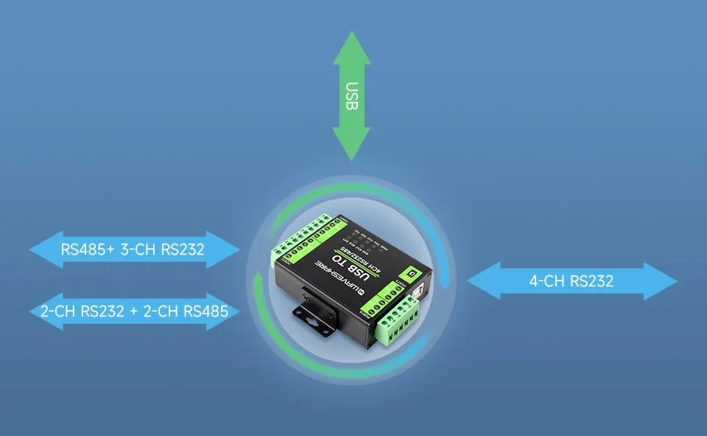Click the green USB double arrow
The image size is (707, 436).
tap(351, 96)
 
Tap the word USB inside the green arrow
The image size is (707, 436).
tap(351, 96)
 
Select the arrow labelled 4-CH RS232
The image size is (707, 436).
tap(571, 281)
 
